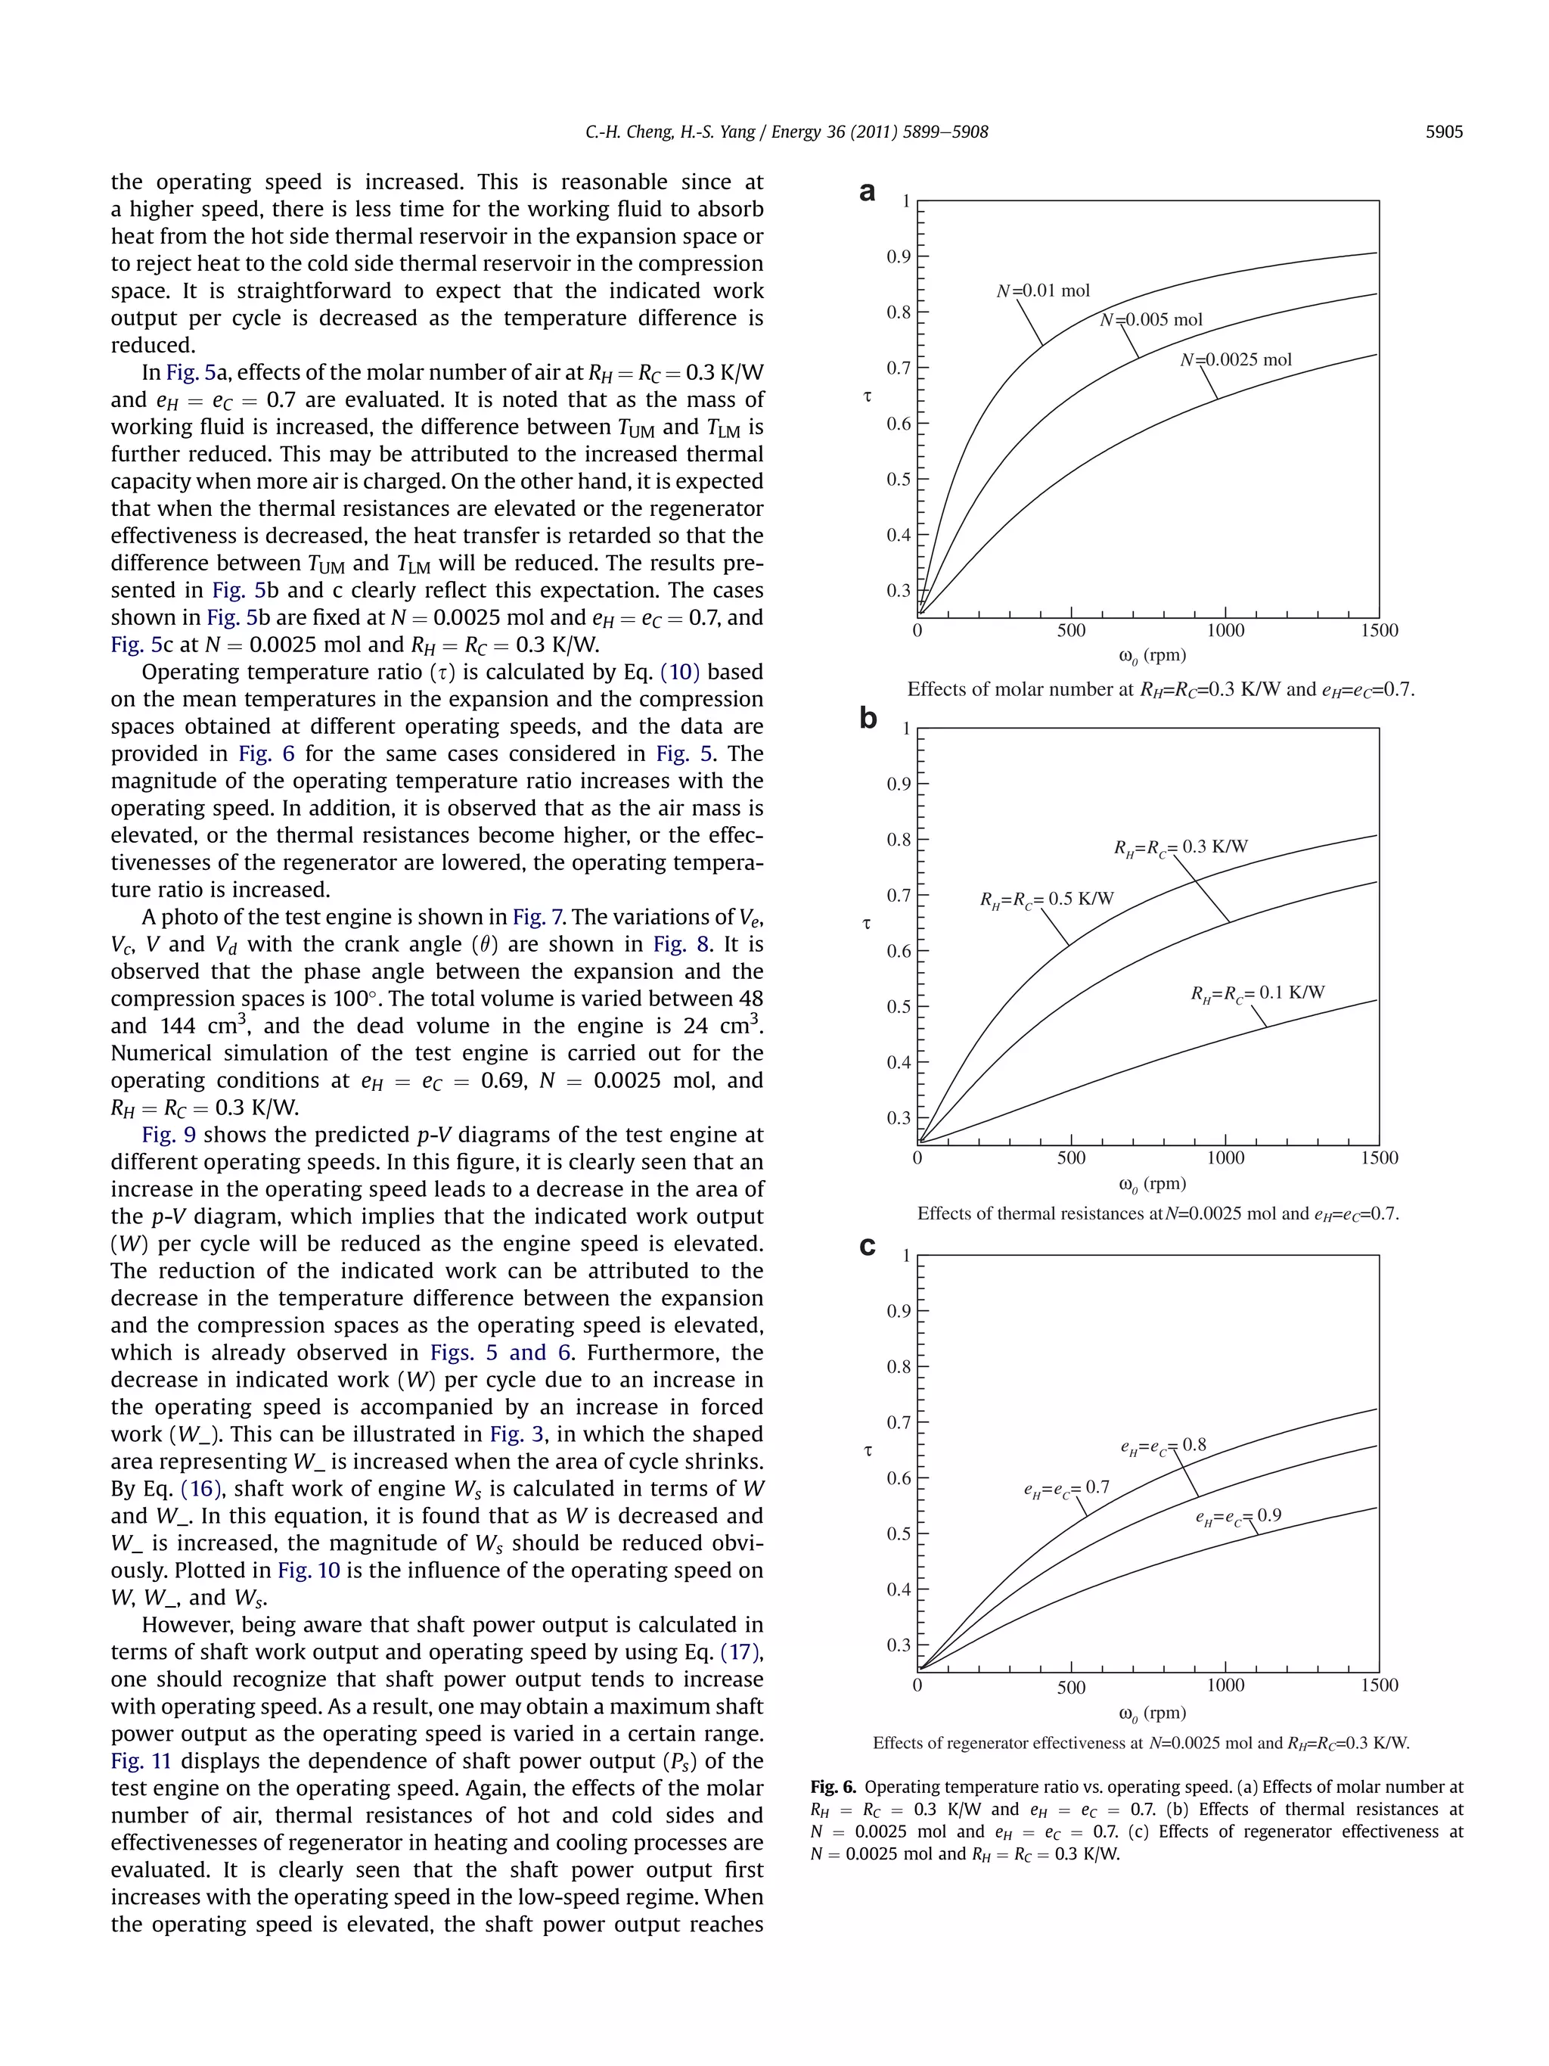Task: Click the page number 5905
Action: click(x=1444, y=132)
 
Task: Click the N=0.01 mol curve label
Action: click(x=1043, y=290)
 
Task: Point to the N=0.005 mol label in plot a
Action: click(x=1151, y=319)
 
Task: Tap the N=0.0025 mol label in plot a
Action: click(x=1236, y=359)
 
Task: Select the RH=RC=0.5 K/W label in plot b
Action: click(x=1047, y=899)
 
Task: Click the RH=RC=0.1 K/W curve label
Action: click(x=1257, y=993)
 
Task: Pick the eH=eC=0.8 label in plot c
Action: click(x=1163, y=1446)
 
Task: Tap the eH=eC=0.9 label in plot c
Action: click(x=1238, y=1516)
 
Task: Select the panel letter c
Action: click(x=868, y=1246)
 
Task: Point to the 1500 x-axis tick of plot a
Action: click(x=1379, y=630)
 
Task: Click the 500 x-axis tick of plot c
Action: click(x=1071, y=1687)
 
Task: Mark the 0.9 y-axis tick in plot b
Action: click(x=899, y=784)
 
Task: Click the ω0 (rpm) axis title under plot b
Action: click(x=1151, y=1185)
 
